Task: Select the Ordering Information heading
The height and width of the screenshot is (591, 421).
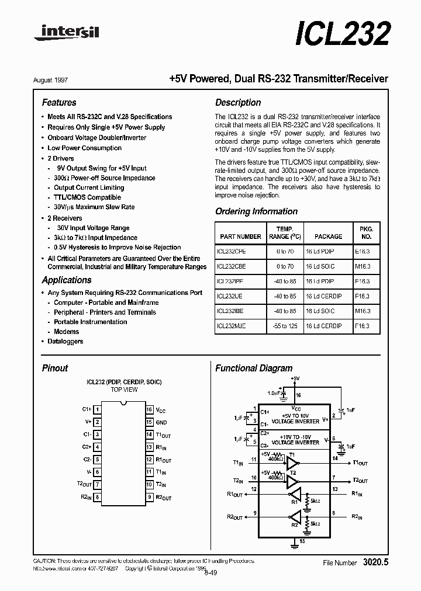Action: coord(256,211)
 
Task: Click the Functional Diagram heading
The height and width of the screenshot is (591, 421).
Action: coord(254,368)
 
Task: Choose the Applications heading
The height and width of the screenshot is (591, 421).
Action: coord(67,280)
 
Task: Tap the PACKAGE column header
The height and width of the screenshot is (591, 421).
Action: coord(328,237)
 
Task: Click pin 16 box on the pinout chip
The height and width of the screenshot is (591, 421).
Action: coord(150,410)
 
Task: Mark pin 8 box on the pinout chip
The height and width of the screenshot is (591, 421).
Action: coord(97,498)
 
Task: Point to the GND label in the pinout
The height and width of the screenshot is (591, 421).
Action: coord(161,422)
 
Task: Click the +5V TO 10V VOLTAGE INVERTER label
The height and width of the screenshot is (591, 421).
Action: coord(299,418)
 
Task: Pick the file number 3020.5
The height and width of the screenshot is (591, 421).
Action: coord(375,562)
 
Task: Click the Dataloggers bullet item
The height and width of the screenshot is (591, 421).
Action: coord(65,342)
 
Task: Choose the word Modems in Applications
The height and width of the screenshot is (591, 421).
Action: coord(66,332)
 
